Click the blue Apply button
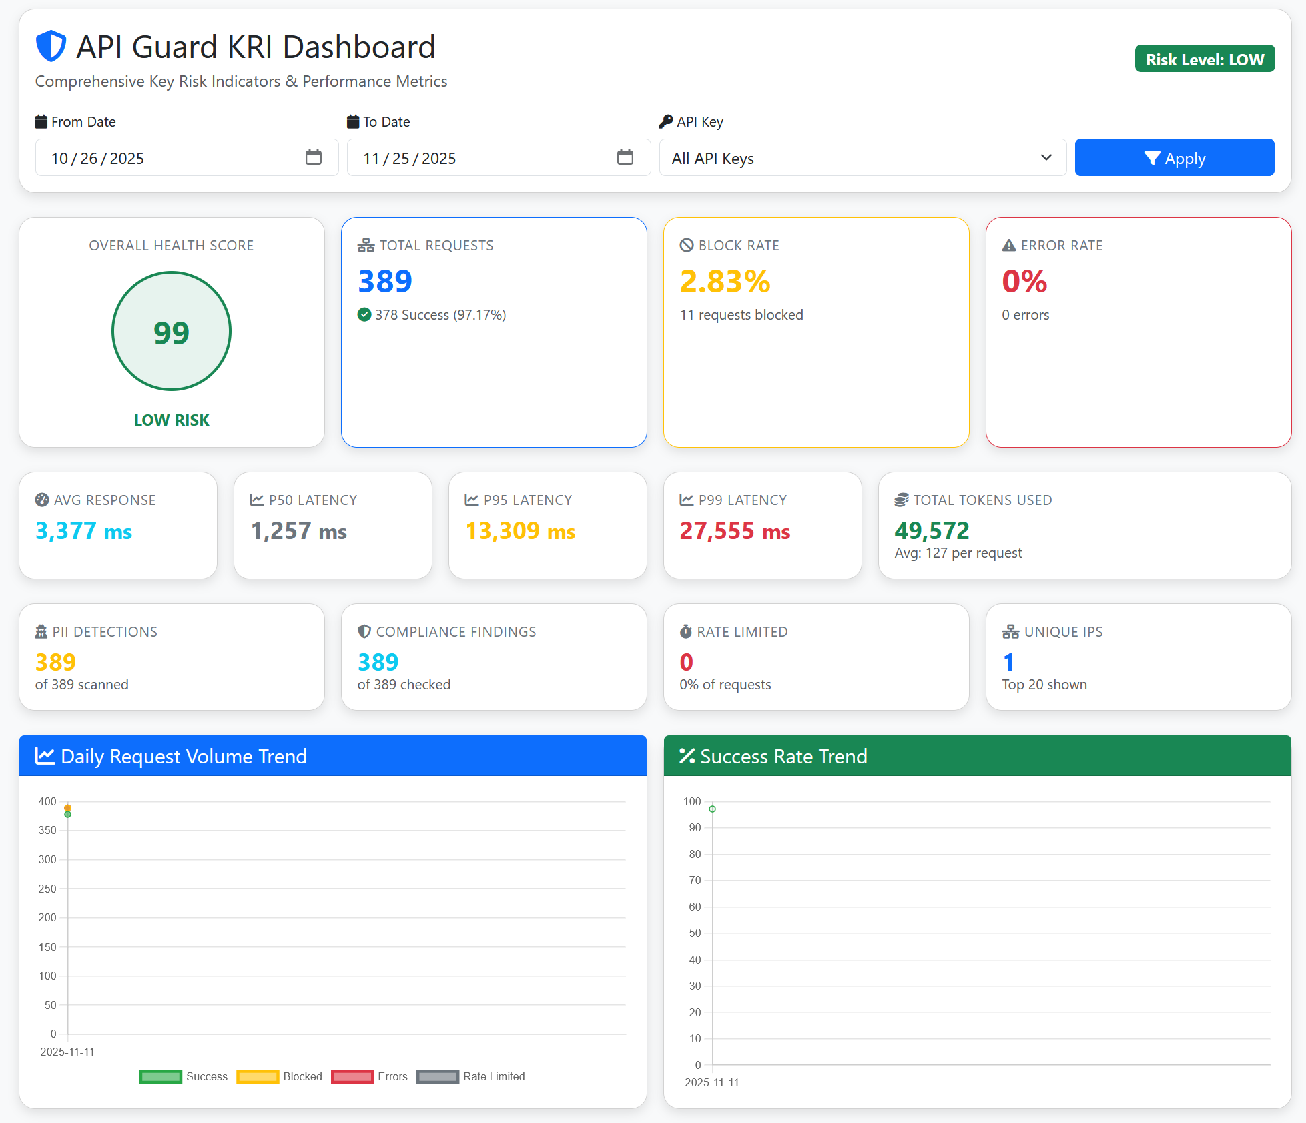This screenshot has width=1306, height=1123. (x=1174, y=158)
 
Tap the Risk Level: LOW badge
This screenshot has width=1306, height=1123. (x=1205, y=59)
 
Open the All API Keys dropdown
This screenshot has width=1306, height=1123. (x=862, y=158)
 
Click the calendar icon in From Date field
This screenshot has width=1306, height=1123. (x=313, y=157)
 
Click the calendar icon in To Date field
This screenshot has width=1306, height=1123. (x=625, y=157)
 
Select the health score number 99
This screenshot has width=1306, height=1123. (x=172, y=332)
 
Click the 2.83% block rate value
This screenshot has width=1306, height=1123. (x=725, y=281)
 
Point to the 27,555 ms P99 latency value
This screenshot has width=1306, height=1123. (x=735, y=531)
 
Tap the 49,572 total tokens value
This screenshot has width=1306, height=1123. (x=932, y=530)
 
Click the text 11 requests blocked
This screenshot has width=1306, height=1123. (x=741, y=315)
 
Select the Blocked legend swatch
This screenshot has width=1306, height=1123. (x=258, y=1076)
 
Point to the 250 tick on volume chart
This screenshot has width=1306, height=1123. (x=47, y=889)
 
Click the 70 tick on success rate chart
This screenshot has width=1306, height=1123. (x=695, y=880)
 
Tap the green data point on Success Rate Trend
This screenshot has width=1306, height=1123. (x=712, y=809)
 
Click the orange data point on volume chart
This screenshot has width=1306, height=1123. (x=67, y=807)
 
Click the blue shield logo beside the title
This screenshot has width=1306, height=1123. (x=51, y=46)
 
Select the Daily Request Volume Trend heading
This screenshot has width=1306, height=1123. (x=184, y=756)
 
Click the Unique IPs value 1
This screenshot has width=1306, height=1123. (x=1008, y=662)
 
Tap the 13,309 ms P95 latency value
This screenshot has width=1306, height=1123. (x=520, y=531)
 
